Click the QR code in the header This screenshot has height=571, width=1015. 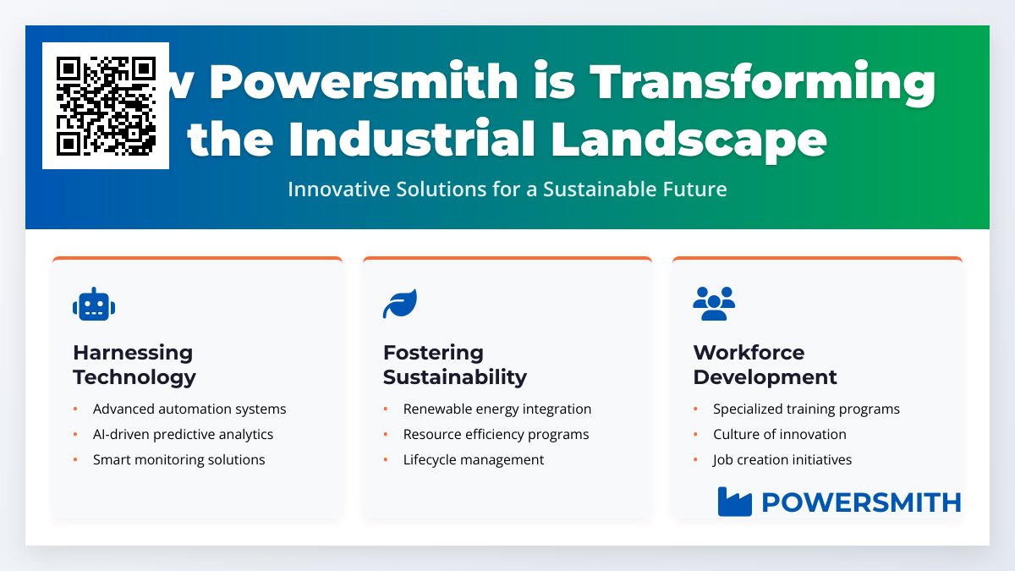click(x=106, y=106)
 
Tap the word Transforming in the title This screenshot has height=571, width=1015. click(x=763, y=83)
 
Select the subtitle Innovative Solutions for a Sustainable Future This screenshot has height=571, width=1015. click(x=507, y=189)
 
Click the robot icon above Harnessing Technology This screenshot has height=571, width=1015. click(x=93, y=305)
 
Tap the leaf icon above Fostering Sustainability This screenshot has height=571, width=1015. click(x=400, y=304)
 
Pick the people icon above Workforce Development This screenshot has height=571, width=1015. click(x=714, y=304)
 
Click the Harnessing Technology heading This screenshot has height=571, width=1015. click(x=134, y=365)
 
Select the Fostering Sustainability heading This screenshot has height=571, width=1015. click(x=454, y=365)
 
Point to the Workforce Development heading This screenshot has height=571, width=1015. click(x=765, y=365)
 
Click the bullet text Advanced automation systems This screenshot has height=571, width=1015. click(x=189, y=409)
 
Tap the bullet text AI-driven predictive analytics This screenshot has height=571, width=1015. click(x=183, y=435)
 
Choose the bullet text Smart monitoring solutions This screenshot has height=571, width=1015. click(x=178, y=460)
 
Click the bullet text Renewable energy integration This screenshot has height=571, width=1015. click(x=497, y=409)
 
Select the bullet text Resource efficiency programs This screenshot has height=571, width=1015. click(x=496, y=435)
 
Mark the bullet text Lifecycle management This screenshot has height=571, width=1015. click(x=474, y=460)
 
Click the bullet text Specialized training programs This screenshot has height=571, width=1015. click(x=806, y=409)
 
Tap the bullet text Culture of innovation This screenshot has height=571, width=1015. click(x=779, y=435)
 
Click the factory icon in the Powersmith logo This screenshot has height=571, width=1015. click(x=734, y=502)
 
